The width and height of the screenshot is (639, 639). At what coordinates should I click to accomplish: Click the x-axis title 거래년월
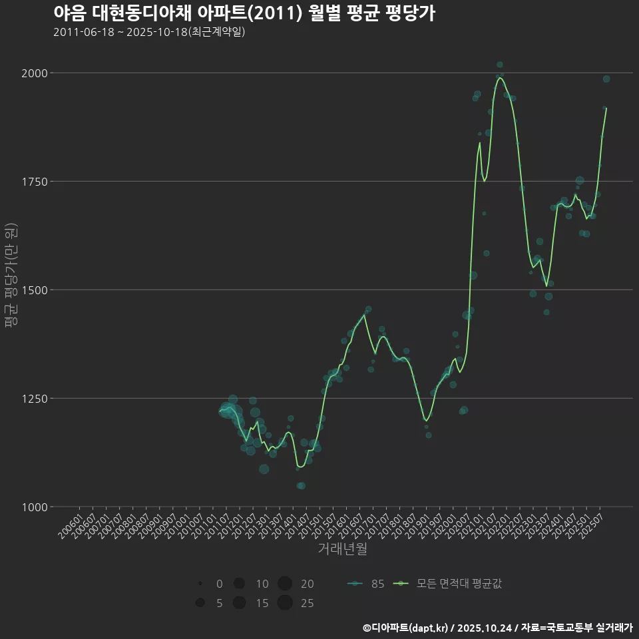coord(342,549)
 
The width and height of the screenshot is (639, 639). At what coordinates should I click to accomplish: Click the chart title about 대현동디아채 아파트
coord(244,13)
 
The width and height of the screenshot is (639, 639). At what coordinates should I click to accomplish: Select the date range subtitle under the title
coord(149,32)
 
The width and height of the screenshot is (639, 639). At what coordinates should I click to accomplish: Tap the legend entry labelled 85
coord(366,584)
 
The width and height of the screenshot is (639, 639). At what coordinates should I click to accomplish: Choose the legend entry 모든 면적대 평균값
coord(449,584)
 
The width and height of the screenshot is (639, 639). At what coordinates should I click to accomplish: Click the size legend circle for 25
coord(285,603)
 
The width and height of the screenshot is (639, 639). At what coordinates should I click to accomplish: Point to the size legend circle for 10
coord(239,584)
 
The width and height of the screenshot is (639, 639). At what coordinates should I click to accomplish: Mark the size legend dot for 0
coord(200,584)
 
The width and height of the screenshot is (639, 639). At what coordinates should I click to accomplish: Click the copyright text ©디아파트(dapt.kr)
coord(405,628)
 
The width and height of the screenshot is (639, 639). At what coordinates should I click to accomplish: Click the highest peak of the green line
coord(499,78)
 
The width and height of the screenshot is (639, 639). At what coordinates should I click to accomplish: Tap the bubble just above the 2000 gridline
coord(499,65)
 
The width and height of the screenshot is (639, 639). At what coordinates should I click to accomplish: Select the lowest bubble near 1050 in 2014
coord(301,486)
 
